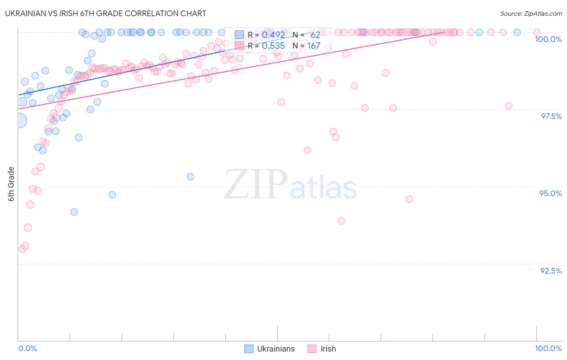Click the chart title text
point(106,13)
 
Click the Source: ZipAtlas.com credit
point(531,13)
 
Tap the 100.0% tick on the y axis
point(548,39)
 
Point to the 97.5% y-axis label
point(551,116)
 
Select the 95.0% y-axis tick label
point(550,193)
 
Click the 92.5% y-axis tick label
point(551,271)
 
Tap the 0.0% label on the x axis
point(27,348)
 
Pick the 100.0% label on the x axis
point(548,348)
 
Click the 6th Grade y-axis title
point(11,184)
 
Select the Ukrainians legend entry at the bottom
point(270,349)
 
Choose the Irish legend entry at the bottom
point(322,349)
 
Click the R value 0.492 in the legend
point(273,35)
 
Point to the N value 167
point(314,46)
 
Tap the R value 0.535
point(273,46)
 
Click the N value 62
point(315,35)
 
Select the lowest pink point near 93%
point(23,249)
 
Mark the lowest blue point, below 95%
point(74,212)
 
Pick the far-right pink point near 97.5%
point(509,106)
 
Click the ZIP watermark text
point(256,184)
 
